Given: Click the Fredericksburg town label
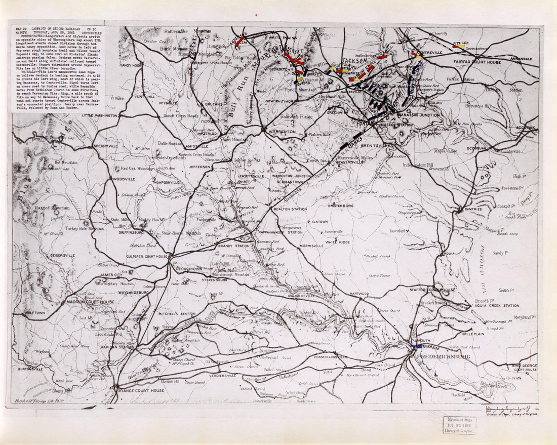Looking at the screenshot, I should click(x=443, y=356).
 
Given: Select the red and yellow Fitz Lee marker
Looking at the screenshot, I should click(x=459, y=47).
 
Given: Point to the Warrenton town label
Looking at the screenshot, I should click(x=282, y=132).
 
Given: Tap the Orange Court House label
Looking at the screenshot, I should click(x=141, y=391).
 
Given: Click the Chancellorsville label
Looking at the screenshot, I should click(x=327, y=356).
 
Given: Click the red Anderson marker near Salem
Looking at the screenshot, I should click(x=240, y=41).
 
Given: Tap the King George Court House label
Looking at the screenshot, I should click(x=524, y=367).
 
